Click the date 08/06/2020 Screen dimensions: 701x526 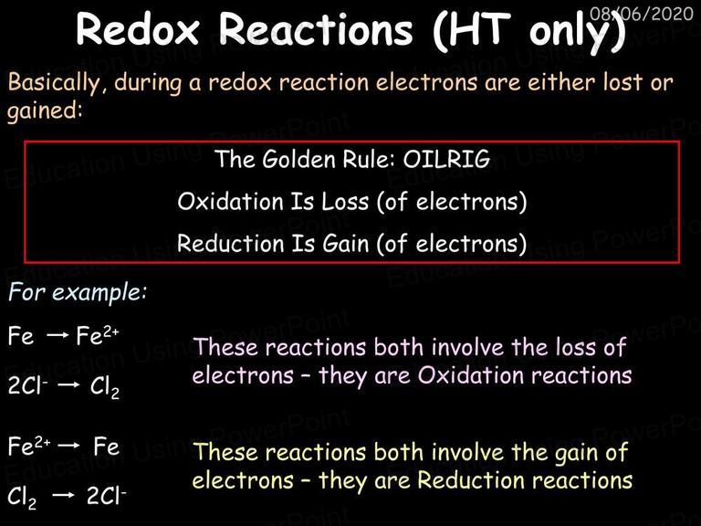click(641, 14)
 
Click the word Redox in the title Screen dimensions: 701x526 click(137, 29)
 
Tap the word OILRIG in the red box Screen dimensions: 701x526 click(446, 159)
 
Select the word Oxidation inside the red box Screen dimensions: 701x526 click(230, 201)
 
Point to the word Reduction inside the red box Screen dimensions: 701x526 click(230, 243)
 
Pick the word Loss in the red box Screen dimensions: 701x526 click(345, 201)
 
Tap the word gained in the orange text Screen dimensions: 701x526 click(45, 110)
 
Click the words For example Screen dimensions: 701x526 click(77, 292)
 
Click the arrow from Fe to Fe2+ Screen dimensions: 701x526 click(58, 335)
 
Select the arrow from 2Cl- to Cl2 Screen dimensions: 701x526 click(68, 384)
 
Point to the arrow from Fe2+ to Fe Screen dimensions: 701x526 click(68, 446)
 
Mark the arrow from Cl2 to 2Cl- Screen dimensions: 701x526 click(63, 495)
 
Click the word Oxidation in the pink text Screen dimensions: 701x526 click(471, 374)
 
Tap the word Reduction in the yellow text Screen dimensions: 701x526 click(471, 480)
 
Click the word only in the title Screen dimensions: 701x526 click(565, 31)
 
